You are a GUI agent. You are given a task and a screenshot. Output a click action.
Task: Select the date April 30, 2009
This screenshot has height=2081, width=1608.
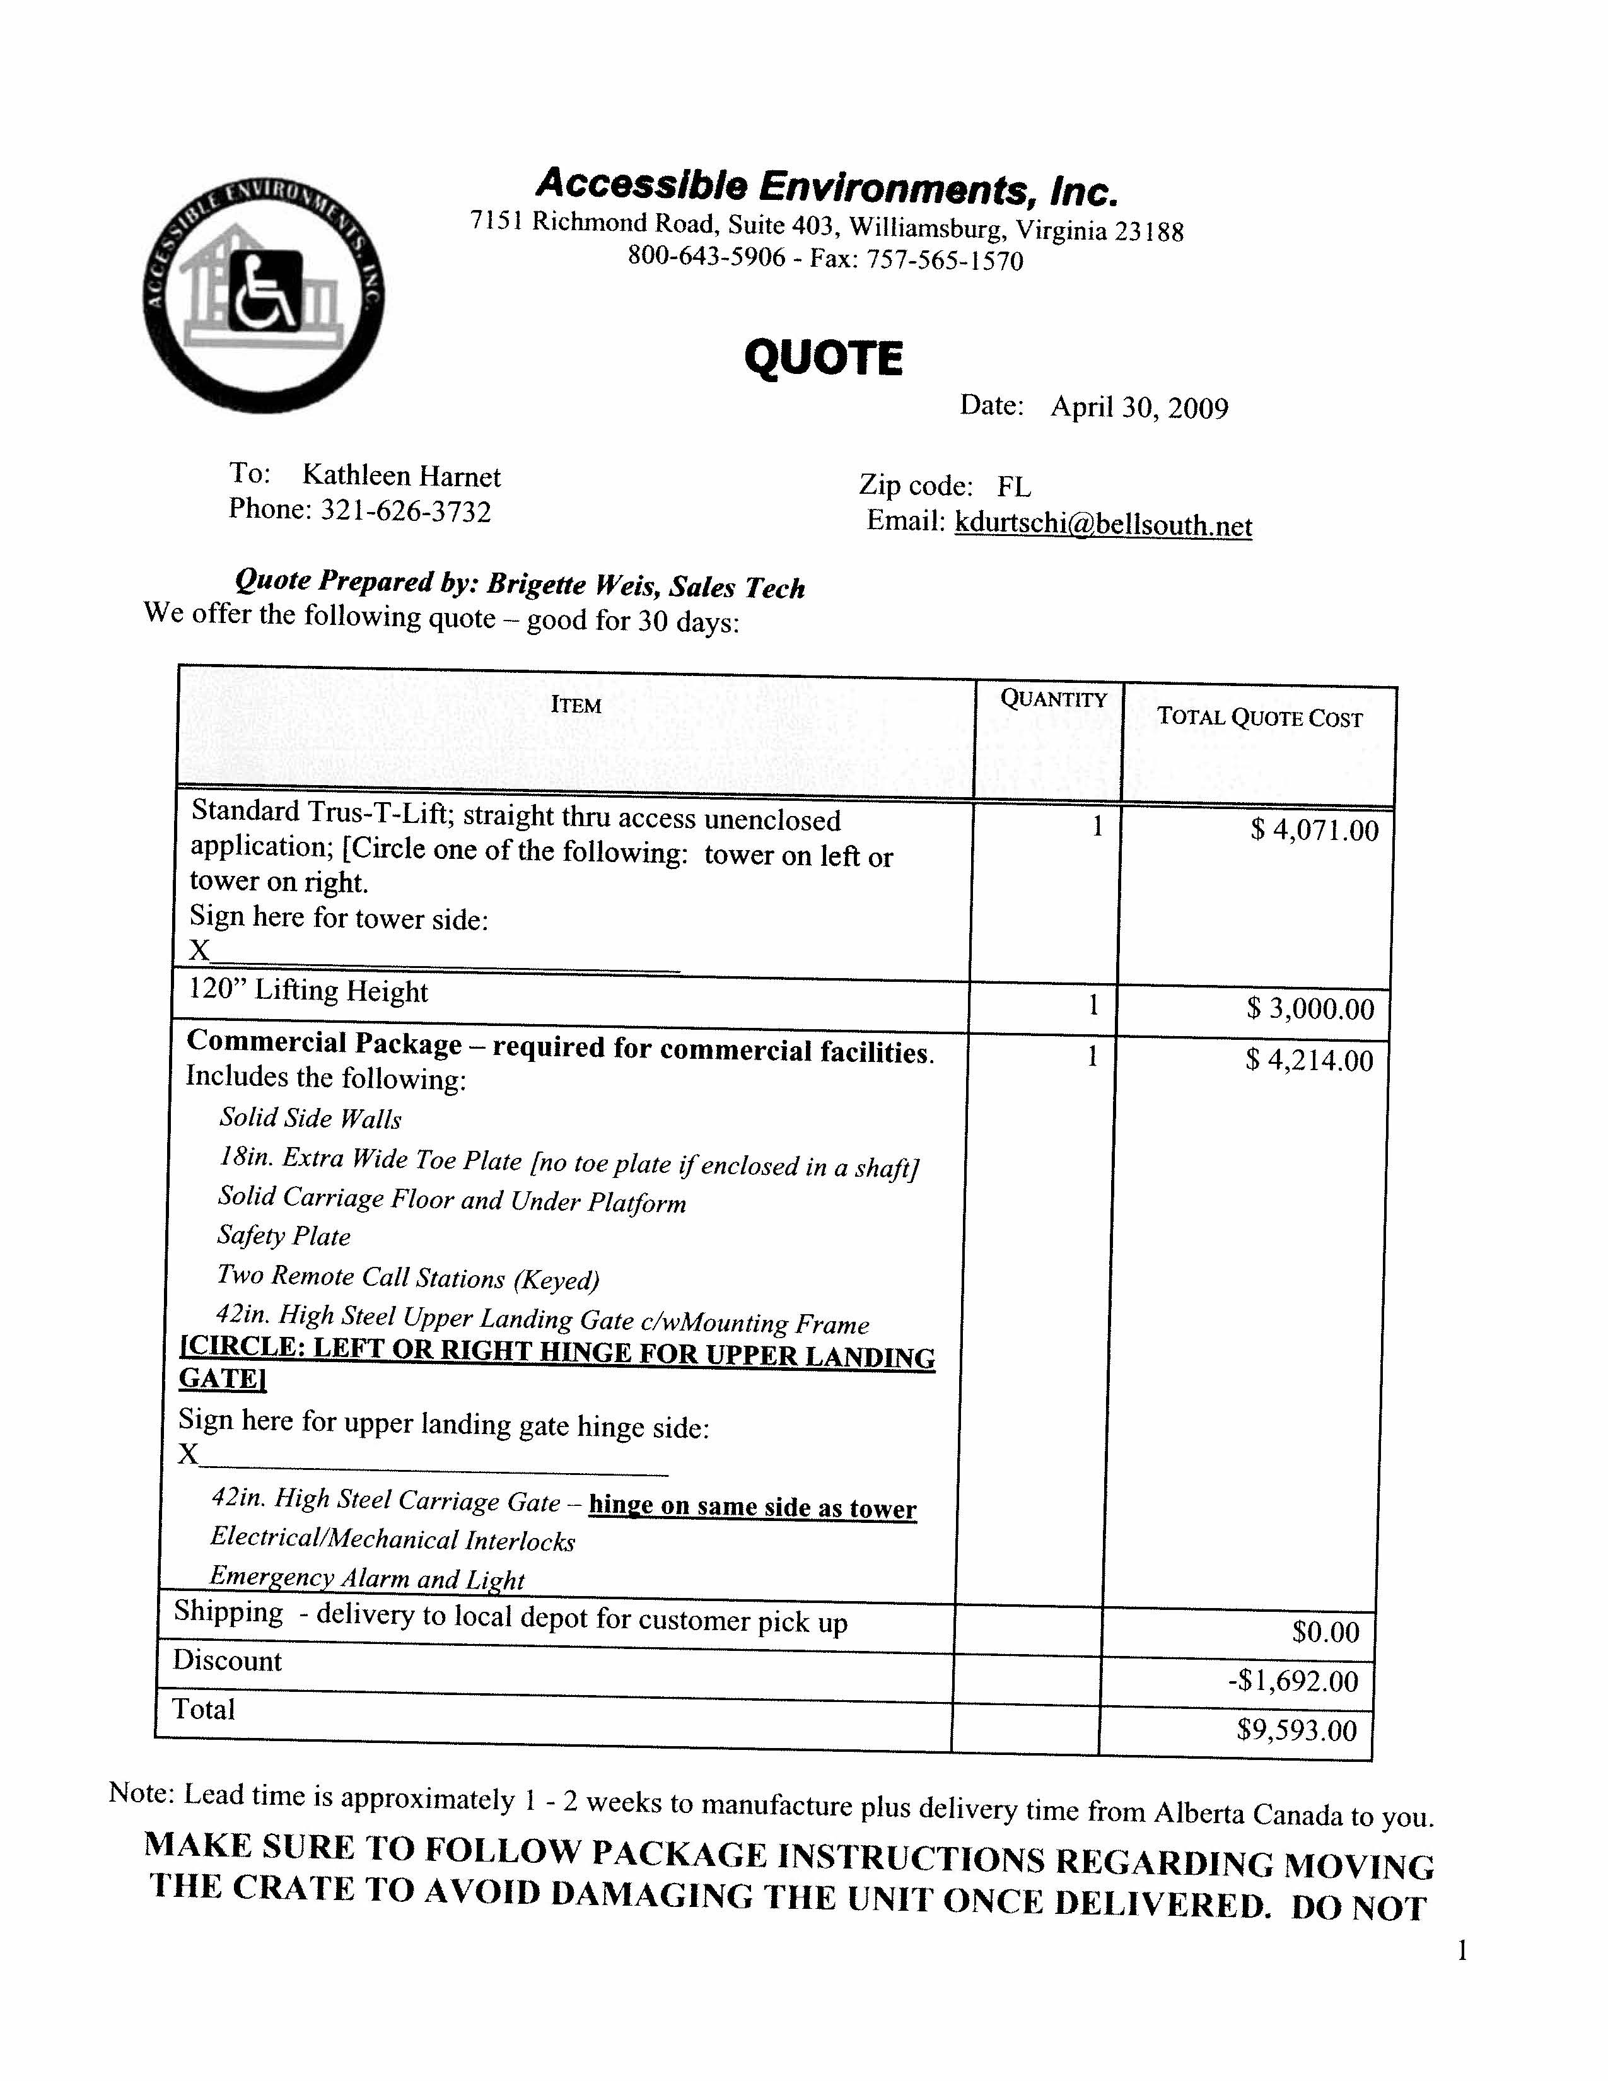(1139, 408)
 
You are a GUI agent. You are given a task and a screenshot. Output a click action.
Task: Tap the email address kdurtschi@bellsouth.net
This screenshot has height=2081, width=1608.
(1103, 525)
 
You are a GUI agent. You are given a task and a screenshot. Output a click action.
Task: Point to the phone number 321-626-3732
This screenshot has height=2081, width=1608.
(406, 511)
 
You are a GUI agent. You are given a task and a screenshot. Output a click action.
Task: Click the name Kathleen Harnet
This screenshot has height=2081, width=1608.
(401, 475)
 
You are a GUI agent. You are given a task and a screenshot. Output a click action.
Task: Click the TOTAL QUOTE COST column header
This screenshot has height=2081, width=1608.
(1259, 718)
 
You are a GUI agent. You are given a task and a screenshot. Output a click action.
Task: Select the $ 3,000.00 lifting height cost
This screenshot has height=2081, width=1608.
(1311, 1008)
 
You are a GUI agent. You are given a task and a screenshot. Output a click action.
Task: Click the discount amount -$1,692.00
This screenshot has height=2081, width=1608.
(1293, 1680)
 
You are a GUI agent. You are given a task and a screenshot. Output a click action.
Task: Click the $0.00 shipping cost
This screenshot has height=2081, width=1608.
(1325, 1632)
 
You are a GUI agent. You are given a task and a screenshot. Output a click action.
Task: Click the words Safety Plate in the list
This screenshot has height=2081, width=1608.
(284, 1236)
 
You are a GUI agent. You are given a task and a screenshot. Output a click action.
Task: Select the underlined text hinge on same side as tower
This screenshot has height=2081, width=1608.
(752, 1507)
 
